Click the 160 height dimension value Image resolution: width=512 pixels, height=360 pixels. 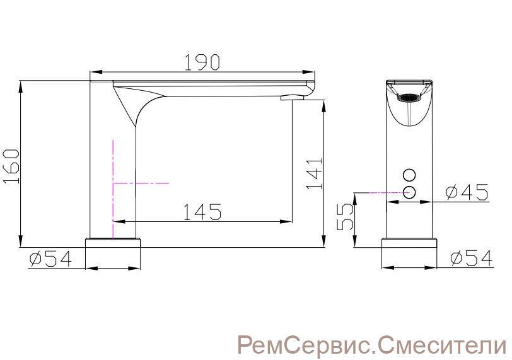click(12, 166)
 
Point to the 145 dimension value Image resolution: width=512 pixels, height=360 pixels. click(202, 211)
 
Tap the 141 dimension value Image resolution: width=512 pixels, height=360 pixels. click(315, 173)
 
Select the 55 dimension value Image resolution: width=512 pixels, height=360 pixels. click(345, 217)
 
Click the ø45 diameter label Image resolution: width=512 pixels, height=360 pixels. click(467, 192)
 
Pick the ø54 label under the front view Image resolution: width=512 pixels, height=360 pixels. click(471, 258)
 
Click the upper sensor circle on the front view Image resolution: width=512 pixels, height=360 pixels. click(409, 175)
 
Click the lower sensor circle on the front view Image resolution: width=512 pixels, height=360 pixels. click(409, 192)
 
